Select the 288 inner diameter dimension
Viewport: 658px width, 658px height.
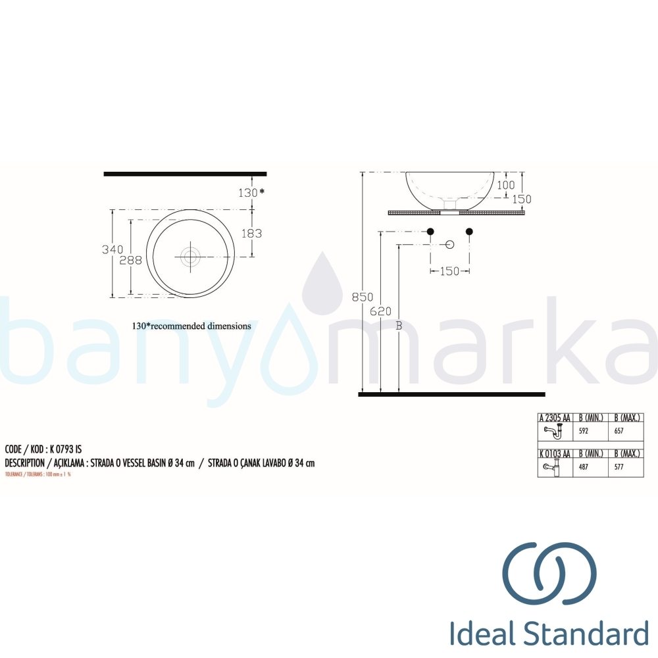[x=130, y=260]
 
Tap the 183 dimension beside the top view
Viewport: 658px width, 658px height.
[x=251, y=233]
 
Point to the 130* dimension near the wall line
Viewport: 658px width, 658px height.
[x=251, y=192]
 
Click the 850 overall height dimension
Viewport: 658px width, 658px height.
[x=362, y=297]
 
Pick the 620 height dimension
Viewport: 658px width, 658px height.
[x=380, y=311]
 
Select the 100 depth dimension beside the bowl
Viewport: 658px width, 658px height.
[x=505, y=186]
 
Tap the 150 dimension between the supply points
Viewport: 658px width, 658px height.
[x=449, y=271]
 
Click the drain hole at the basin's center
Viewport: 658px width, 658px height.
[x=190, y=255]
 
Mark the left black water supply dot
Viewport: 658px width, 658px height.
[x=430, y=232]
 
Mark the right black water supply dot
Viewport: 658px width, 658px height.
[x=469, y=232]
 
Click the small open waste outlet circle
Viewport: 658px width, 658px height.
[x=450, y=245]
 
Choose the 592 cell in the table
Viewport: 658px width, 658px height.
[x=583, y=432]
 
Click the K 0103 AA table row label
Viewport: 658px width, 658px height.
[x=555, y=454]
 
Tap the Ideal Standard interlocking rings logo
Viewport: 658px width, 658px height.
[x=549, y=573]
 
